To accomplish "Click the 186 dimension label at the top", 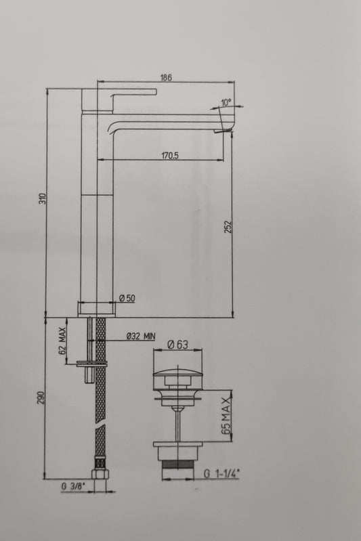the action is (x=166, y=77).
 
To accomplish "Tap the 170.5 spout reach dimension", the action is (x=170, y=155).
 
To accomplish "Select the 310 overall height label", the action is (x=42, y=198).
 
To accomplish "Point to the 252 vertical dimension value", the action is (x=228, y=227).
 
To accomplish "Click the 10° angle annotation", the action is (x=226, y=102).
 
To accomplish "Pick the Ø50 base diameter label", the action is (x=127, y=299).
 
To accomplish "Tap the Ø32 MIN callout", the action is (x=141, y=336).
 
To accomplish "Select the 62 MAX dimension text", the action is (x=62, y=341).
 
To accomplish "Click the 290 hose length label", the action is (x=41, y=397).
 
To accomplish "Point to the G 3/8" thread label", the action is (x=73, y=487).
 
